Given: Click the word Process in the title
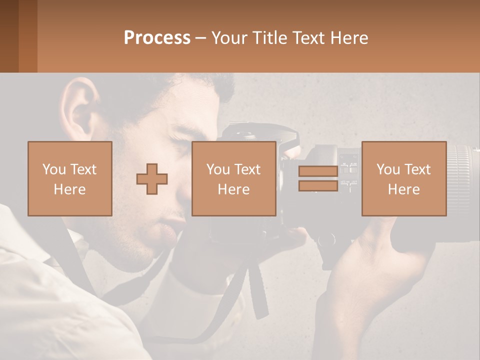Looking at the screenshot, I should (x=157, y=38).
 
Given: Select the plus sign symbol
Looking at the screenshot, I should (x=152, y=179).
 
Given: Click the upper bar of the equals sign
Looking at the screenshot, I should (x=318, y=171).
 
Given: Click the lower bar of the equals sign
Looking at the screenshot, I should (x=318, y=186).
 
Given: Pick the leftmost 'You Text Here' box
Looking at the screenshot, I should (x=70, y=179).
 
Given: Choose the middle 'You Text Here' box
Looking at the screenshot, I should (x=234, y=179).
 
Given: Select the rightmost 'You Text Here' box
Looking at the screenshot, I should (x=404, y=179).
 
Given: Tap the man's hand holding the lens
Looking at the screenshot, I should (x=370, y=260).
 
